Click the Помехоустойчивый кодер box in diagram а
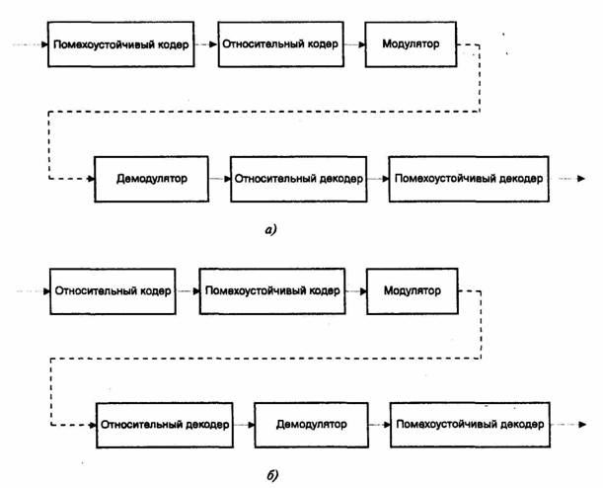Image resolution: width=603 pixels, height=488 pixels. click(120, 44)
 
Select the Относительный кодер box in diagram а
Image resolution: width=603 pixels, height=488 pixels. click(280, 44)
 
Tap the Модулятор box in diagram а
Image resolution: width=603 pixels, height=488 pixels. click(411, 44)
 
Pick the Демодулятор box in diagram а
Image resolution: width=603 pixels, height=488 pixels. click(152, 179)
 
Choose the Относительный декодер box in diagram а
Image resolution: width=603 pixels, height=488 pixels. click(298, 179)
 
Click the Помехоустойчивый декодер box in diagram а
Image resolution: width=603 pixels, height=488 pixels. click(469, 179)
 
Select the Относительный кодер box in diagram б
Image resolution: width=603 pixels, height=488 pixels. click(113, 291)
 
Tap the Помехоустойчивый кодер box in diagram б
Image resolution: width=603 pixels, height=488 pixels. click(272, 291)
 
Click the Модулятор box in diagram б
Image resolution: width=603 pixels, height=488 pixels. click(413, 291)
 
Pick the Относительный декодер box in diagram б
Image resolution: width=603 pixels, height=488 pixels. click(165, 425)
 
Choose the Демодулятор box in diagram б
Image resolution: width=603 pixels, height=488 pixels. click(312, 425)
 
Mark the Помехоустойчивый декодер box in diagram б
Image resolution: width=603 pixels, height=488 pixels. click(470, 425)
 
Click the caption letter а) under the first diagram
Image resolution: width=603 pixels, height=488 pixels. click(271, 230)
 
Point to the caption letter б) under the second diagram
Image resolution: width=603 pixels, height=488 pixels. click(271, 476)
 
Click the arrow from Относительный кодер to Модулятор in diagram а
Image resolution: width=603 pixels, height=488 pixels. click(354, 44)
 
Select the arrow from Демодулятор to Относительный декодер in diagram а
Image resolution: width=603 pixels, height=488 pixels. click(220, 179)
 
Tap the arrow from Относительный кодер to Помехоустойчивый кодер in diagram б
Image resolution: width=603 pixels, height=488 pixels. click(188, 291)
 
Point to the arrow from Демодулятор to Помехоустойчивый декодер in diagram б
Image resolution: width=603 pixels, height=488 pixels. click(379, 425)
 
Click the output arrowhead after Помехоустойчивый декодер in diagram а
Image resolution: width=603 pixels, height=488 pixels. click(581, 179)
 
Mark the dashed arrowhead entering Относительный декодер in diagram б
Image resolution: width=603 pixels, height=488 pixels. click(93, 425)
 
